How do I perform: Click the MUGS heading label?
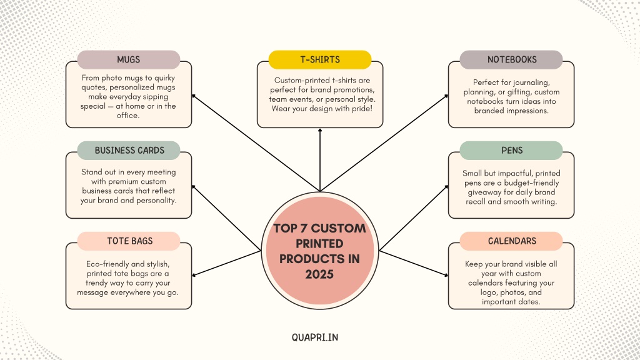tap(129, 59)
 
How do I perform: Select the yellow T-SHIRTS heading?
tap(320, 59)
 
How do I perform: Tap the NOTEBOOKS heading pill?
tap(511, 59)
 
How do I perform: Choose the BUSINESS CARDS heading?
tap(129, 151)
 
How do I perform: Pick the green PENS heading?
tap(511, 151)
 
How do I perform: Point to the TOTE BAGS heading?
tap(129, 241)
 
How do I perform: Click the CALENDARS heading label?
tap(511, 241)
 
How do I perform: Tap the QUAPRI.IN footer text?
tap(315, 337)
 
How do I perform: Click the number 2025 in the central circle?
tap(319, 274)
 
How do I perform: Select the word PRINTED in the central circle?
tap(319, 244)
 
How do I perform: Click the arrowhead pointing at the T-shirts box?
tap(320, 130)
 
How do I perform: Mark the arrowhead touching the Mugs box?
tap(194, 96)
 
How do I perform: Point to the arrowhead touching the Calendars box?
tap(446, 275)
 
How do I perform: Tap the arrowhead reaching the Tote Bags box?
tap(194, 275)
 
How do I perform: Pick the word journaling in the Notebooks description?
tap(531, 83)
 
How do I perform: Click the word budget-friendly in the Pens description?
tap(531, 183)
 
